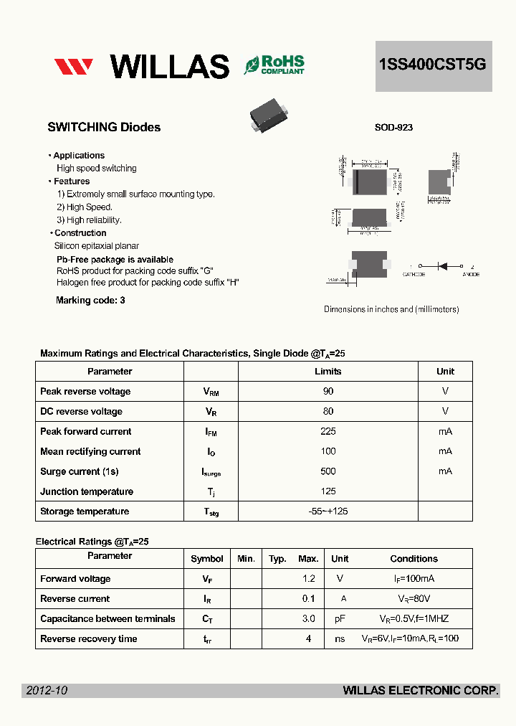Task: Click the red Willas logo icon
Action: (73, 67)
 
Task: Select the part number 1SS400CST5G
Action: (433, 65)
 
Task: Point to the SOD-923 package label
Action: (393, 128)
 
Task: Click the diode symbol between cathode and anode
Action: (442, 266)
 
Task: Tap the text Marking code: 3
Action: (90, 301)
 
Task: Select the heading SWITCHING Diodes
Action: (104, 128)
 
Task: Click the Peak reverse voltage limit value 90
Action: (328, 392)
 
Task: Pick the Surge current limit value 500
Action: (328, 471)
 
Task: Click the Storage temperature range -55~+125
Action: (328, 511)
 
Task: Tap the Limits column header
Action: (328, 372)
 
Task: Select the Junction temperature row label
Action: (87, 491)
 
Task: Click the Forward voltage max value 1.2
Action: (309, 579)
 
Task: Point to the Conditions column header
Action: (414, 559)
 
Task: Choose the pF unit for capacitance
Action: (340, 619)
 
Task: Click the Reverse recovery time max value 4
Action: (309, 639)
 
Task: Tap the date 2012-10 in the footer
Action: (47, 690)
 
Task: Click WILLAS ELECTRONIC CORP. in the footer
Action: (421, 690)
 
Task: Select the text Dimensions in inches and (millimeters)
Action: (391, 309)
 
